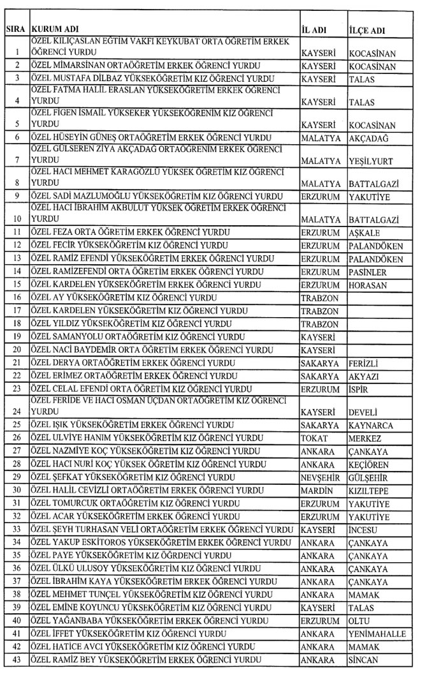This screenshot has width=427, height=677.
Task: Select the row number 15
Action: click(17, 285)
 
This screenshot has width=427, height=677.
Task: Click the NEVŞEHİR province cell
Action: click(322, 477)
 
